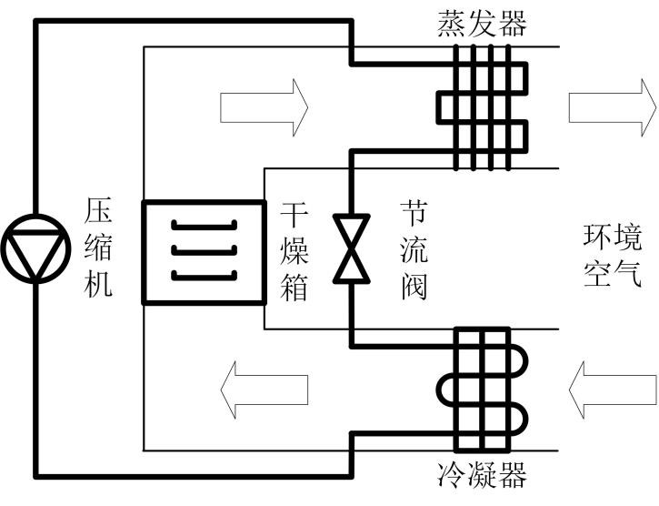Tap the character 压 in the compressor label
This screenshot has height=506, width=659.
(x=99, y=210)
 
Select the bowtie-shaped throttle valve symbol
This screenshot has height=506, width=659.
(x=351, y=248)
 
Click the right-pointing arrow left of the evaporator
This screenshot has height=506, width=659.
(x=264, y=107)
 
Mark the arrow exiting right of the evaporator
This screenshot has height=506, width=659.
(x=612, y=107)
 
